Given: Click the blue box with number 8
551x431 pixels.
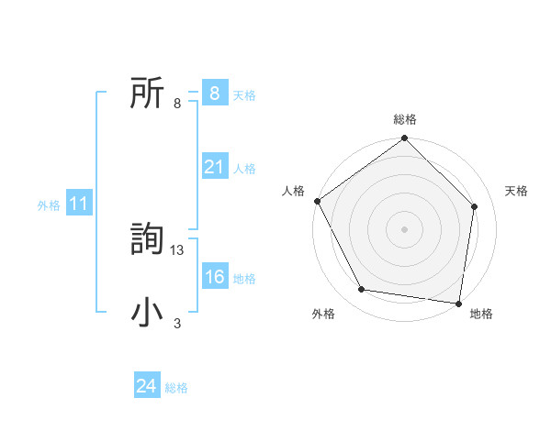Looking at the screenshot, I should coord(214,93).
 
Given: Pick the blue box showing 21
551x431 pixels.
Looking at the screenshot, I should coord(214,167).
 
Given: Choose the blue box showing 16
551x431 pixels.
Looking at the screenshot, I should coord(214,277).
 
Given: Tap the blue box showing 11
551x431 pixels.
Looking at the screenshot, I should coord(78,204).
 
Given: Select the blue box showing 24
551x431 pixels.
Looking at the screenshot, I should coord(146,386).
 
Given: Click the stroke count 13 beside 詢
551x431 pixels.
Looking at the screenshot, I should coord(178,249).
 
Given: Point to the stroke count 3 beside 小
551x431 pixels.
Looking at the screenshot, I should coord(177,323).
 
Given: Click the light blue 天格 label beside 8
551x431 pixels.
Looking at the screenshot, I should coord(244,94).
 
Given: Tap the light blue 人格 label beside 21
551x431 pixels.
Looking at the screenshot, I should coord(244,169).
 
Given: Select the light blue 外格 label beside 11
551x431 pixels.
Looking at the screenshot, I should coord(49,205).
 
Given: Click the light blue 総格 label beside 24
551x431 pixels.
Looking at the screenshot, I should coord(176,388).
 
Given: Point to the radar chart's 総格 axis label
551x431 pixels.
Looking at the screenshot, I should coord(405,119).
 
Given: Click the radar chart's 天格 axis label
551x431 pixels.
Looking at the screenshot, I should coord(517,191).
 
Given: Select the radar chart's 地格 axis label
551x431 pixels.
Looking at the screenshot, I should coord(481,315).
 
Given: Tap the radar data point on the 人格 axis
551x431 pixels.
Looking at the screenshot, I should coord(318,201).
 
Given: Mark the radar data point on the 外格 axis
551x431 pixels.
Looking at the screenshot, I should coord(362,290).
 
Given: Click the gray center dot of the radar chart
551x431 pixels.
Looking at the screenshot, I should coord(405,228).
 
